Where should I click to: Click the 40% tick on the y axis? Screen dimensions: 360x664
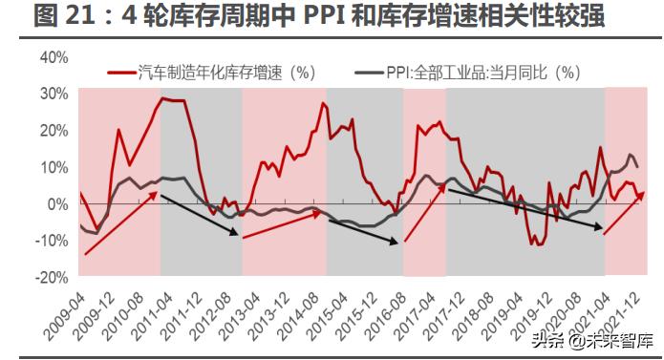[54, 57]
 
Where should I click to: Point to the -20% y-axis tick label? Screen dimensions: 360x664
[52, 277]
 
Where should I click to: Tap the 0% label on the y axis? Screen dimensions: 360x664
[58, 203]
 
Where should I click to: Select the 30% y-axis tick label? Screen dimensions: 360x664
[54, 94]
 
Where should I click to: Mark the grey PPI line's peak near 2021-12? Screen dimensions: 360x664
[630, 155]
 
